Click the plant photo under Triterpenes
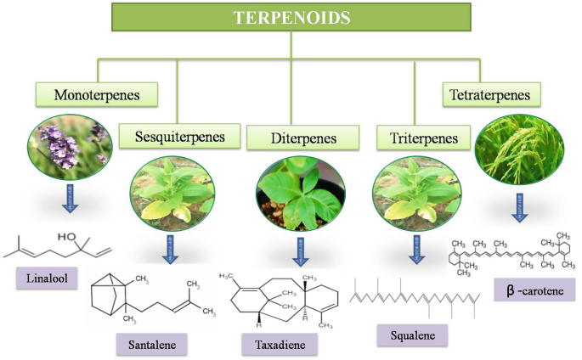(415, 191)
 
